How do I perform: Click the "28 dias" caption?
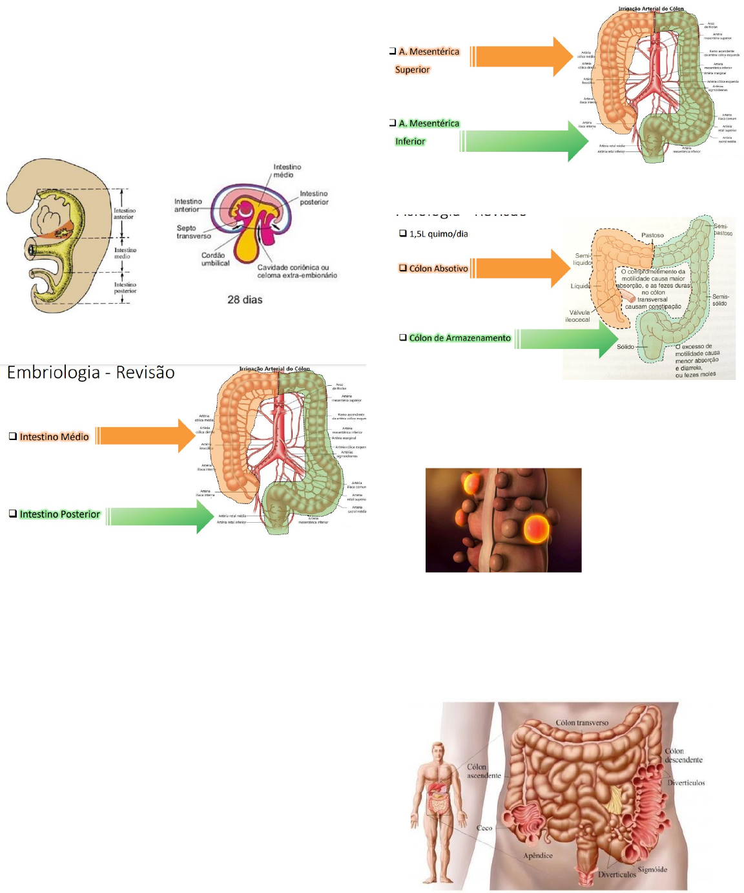245,300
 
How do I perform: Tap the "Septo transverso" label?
193,232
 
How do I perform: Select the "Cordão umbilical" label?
215,259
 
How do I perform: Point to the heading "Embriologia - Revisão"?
91,373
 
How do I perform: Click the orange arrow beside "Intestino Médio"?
147,436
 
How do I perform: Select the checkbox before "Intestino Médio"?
12,436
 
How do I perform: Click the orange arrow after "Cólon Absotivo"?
522,268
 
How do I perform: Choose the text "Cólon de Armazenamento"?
459,338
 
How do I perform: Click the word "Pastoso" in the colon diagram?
652,235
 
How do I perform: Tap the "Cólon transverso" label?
582,722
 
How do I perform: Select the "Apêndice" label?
537,856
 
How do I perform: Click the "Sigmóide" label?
652,869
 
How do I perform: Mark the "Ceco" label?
484,828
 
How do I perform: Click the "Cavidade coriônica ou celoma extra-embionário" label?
297,271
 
